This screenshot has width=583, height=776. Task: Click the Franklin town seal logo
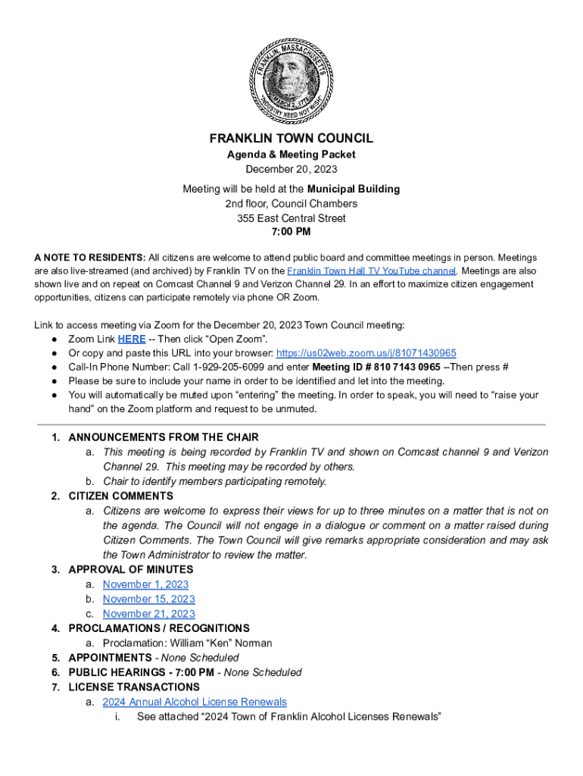(291, 78)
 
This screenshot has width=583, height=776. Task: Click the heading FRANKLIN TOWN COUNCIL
(291, 139)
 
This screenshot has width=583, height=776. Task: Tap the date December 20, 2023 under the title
(291, 169)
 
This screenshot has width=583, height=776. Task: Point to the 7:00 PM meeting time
(291, 231)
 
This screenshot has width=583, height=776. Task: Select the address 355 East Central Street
(291, 218)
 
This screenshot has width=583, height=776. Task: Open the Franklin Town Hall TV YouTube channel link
(371, 271)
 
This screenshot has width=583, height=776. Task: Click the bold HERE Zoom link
(132, 339)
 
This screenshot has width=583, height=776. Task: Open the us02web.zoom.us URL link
(366, 353)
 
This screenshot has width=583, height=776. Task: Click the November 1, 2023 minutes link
(145, 584)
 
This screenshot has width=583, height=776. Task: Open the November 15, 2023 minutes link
(148, 599)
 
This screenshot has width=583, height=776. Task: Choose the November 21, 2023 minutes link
(148, 614)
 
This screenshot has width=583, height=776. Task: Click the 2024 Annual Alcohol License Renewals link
(195, 702)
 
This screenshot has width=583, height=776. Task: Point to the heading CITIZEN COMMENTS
(120, 496)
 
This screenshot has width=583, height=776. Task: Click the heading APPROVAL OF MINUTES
(130, 569)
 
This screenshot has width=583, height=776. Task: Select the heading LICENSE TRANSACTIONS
(132, 687)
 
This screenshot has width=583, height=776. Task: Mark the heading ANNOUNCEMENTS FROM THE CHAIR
(164, 437)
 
